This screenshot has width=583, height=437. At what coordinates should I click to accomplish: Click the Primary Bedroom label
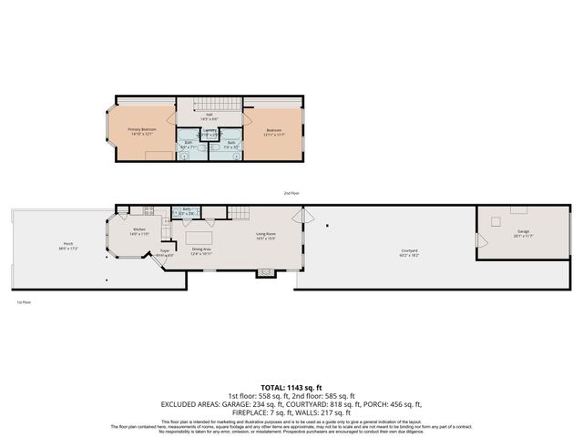pos(142,130)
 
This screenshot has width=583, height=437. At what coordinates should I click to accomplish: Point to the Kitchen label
pos(139,231)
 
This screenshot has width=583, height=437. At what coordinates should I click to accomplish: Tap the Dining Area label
pos(201,250)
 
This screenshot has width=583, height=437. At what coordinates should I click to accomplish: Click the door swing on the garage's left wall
pos(483,241)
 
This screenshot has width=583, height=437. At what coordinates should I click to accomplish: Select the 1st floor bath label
pos(186,209)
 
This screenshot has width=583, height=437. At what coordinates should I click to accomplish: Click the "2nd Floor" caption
pos(291,193)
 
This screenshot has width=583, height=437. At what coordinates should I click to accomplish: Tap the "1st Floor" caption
pos(24,301)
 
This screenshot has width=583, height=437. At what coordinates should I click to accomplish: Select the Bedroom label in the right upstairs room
pos(274,130)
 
